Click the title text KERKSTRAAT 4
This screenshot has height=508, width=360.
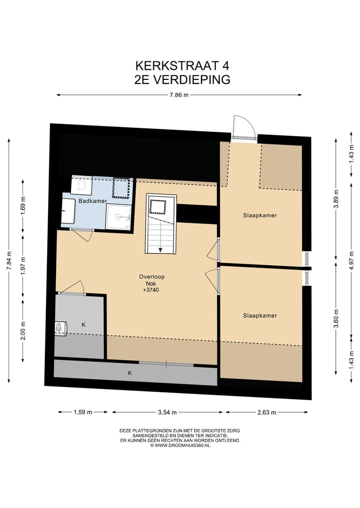[182, 66]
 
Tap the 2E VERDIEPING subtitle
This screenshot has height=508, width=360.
[182, 80]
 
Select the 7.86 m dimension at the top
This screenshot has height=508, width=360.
[178, 95]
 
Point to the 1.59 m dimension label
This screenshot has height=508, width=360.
[82, 413]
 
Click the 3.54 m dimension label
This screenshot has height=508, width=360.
[167, 413]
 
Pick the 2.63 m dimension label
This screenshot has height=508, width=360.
[266, 413]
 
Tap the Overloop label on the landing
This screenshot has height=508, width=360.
[152, 276]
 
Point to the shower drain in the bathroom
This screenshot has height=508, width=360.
[119, 217]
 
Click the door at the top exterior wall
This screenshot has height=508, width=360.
[243, 129]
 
